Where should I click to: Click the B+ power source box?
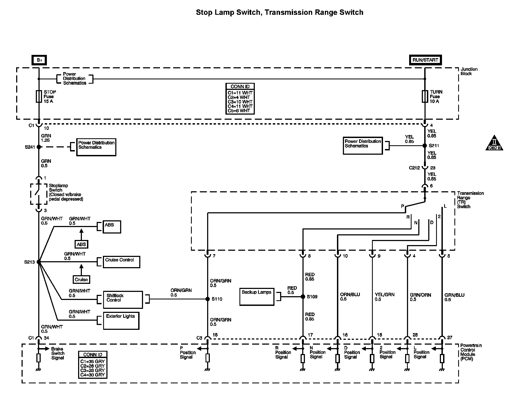[39, 60]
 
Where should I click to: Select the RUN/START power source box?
[425, 60]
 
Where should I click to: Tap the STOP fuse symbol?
[39, 96]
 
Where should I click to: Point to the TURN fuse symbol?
[425, 96]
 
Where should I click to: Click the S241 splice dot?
[39, 147]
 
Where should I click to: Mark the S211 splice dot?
[425, 146]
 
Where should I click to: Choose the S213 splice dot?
[39, 262]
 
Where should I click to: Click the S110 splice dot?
[207, 299]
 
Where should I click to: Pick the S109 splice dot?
[303, 297]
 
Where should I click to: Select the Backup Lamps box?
[257, 297]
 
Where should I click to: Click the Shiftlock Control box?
[123, 300]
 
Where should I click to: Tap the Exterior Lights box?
[121, 321]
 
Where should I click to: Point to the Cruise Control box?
[121, 262]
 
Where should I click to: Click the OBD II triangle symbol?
[494, 143]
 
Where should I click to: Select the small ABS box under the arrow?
[81, 244]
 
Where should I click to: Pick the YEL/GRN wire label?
[385, 295]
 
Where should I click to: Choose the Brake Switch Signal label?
[58, 353]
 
